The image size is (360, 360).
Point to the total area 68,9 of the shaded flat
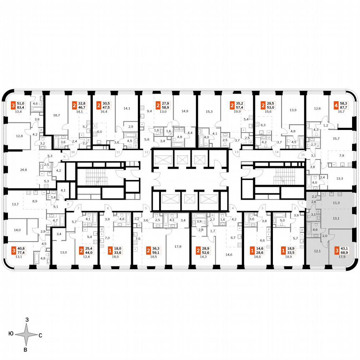pos(345,254)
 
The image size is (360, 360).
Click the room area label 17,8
pos(179,246)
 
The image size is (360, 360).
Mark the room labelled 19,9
pos(237,112)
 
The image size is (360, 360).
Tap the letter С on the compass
pos(40,335)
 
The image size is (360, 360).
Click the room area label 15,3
pos(208,111)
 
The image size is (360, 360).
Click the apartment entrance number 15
pos(302,155)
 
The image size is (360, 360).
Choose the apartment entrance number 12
pos(146,152)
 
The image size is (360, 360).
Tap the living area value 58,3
pos(345,101)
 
